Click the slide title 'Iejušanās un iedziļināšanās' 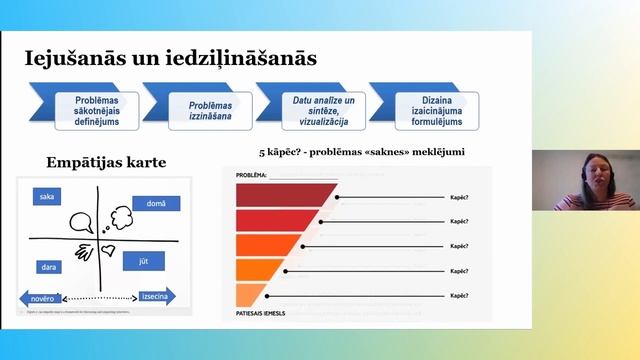[170, 59]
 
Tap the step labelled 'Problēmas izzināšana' [209, 111]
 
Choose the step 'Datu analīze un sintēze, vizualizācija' [323, 111]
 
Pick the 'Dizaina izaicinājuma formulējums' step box [436, 111]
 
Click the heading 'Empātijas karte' [105, 163]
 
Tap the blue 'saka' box [47, 197]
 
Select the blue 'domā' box [156, 204]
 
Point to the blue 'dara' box [49, 267]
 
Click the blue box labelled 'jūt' [143, 261]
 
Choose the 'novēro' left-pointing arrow [41, 297]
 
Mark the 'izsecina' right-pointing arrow [156, 296]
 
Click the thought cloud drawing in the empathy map [122, 214]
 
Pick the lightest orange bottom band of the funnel [249, 295]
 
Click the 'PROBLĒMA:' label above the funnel [251, 175]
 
